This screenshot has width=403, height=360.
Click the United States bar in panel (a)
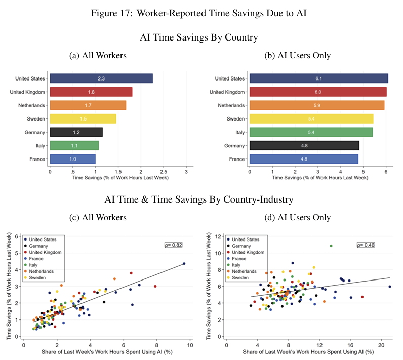point(101,78)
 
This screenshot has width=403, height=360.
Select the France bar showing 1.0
point(72,158)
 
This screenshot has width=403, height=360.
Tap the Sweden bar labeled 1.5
point(83,118)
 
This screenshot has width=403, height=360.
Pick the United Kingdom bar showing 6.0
point(318,92)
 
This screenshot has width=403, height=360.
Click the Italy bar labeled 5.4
point(311,132)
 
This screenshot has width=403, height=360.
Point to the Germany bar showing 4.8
point(304,145)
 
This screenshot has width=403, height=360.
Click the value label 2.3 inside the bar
point(101,78)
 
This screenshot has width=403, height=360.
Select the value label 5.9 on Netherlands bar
point(317,105)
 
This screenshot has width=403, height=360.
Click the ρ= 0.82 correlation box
point(173,245)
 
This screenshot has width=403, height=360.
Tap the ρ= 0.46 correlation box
point(367,245)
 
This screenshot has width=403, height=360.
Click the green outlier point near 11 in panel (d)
point(331,246)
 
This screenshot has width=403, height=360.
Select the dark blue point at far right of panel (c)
point(184,263)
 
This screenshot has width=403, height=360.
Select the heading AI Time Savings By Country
point(199,37)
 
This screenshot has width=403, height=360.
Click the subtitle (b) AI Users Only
point(298,56)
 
